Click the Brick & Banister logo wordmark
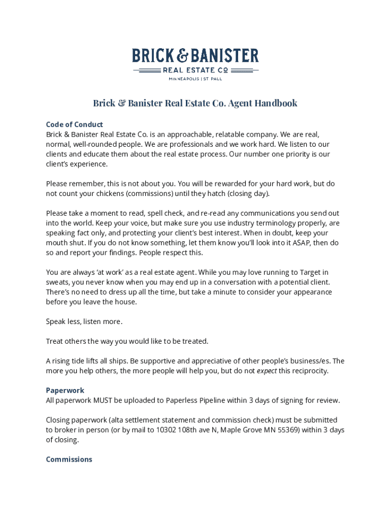[x=195, y=56]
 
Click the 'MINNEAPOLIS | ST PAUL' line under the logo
[x=195, y=79]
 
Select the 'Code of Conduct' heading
[x=74, y=124]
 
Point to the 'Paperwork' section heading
[x=65, y=391]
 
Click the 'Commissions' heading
[x=69, y=460]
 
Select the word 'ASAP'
[x=285, y=243]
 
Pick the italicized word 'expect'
[x=267, y=371]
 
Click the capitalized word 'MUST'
[x=103, y=400]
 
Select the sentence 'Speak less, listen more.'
[x=84, y=321]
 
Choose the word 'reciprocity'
[x=309, y=371]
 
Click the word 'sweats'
[x=57, y=282]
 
